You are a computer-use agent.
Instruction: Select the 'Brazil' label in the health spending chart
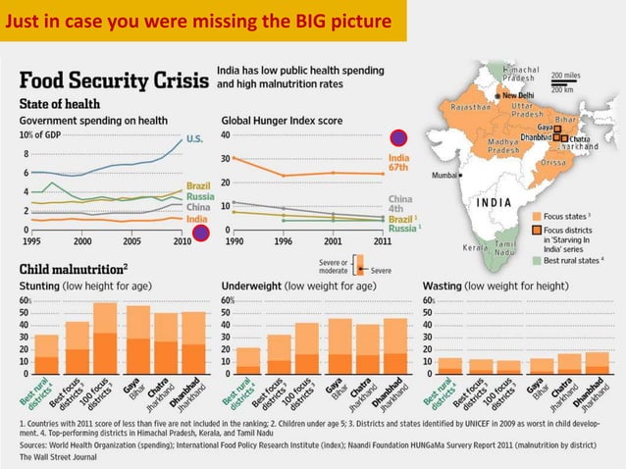[x=198, y=185]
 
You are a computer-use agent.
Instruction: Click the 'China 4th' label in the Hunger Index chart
[x=400, y=205]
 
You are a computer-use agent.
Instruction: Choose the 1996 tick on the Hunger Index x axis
[x=283, y=241]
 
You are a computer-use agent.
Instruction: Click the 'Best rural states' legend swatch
[x=537, y=260]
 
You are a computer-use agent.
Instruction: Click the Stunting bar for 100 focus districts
[x=104, y=339]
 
